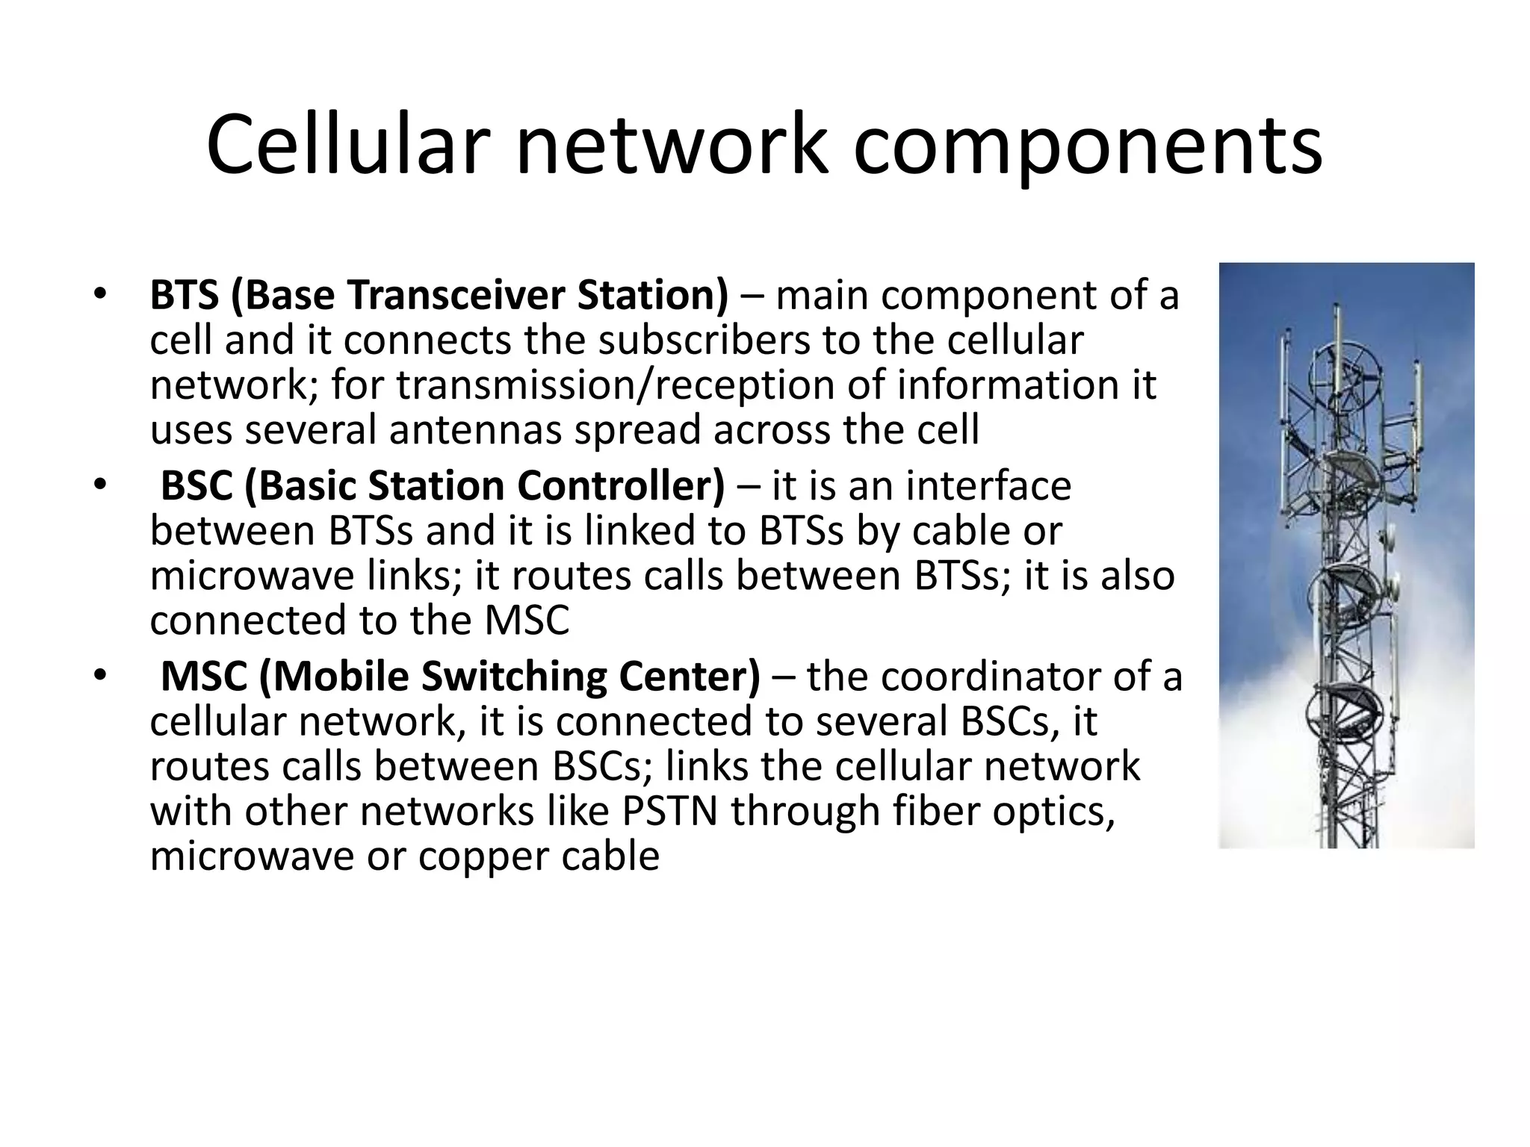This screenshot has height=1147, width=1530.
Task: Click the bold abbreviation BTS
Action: pyautogui.click(x=185, y=295)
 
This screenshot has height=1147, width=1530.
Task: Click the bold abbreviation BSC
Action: pyautogui.click(x=196, y=486)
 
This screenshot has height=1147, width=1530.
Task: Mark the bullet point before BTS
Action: pyautogui.click(x=101, y=296)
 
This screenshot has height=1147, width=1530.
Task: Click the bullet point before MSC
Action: pyautogui.click(x=101, y=677)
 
